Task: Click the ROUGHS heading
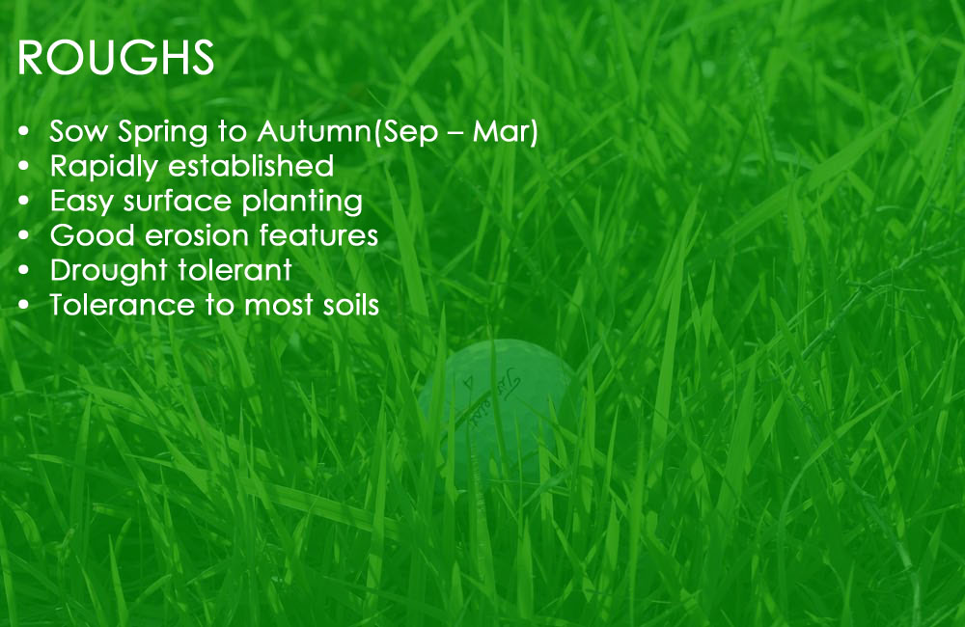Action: coord(116,58)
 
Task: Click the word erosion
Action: coord(196,235)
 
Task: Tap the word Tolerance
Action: coord(122,305)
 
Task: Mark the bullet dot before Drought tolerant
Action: coord(24,271)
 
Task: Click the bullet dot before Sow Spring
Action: coord(24,132)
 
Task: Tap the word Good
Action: coord(93,235)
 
